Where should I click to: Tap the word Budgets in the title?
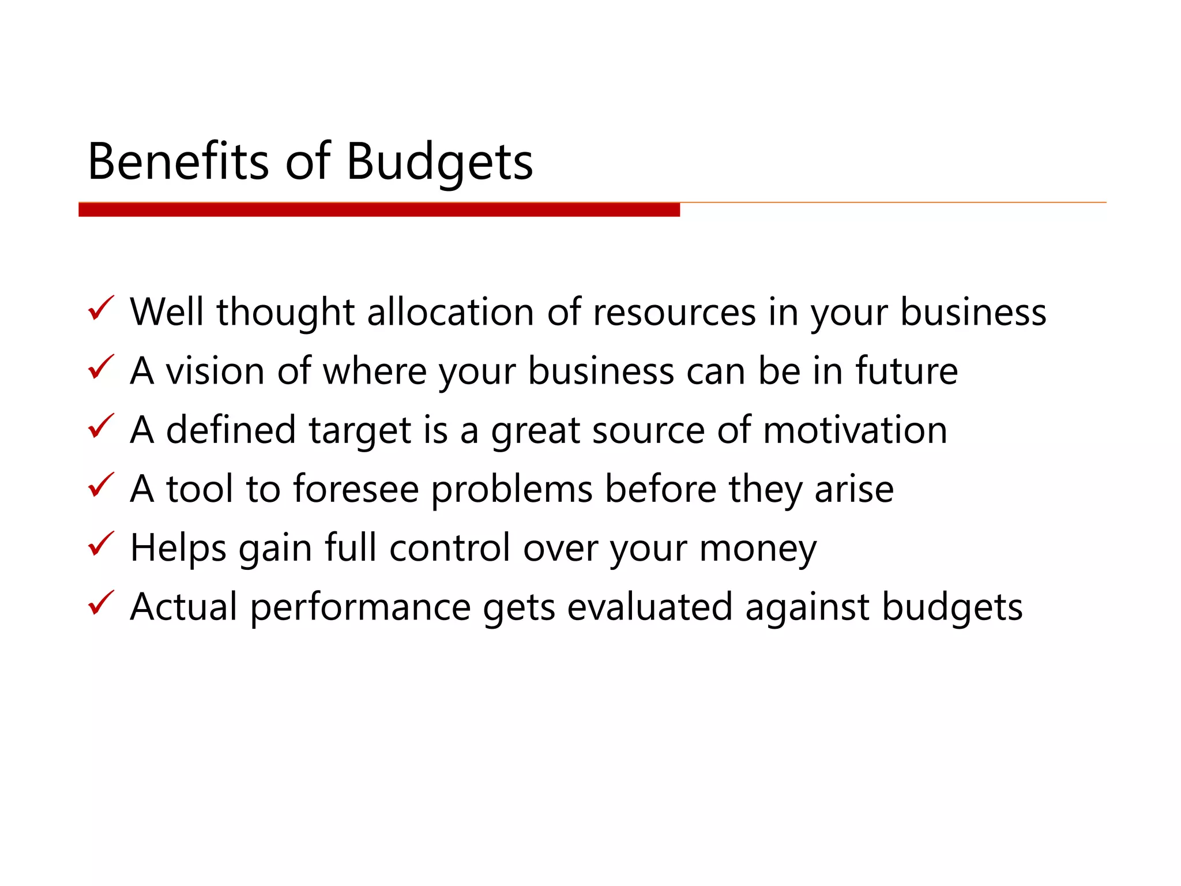coord(439,163)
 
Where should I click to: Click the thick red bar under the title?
coord(379,209)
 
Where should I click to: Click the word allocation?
coord(450,312)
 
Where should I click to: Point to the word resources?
coord(674,313)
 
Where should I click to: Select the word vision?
coord(215,371)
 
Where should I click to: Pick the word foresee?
coord(356,489)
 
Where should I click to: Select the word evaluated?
coord(649,607)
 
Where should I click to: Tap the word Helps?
coord(178,549)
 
